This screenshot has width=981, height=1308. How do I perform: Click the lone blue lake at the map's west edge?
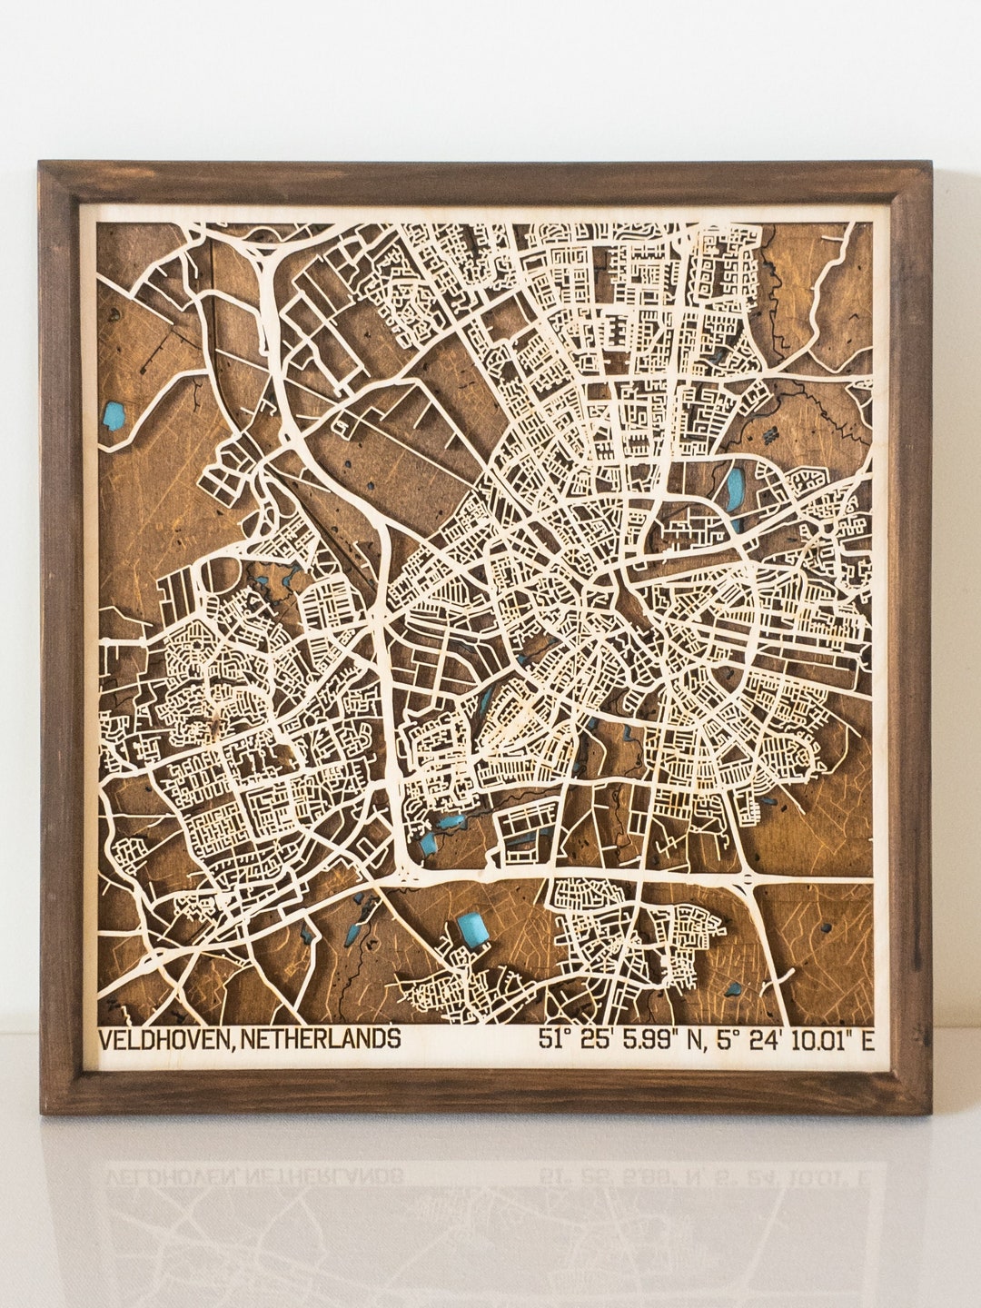[114, 416]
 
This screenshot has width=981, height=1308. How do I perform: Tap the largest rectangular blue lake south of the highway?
[471, 930]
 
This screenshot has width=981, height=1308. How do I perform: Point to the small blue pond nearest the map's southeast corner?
[732, 987]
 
